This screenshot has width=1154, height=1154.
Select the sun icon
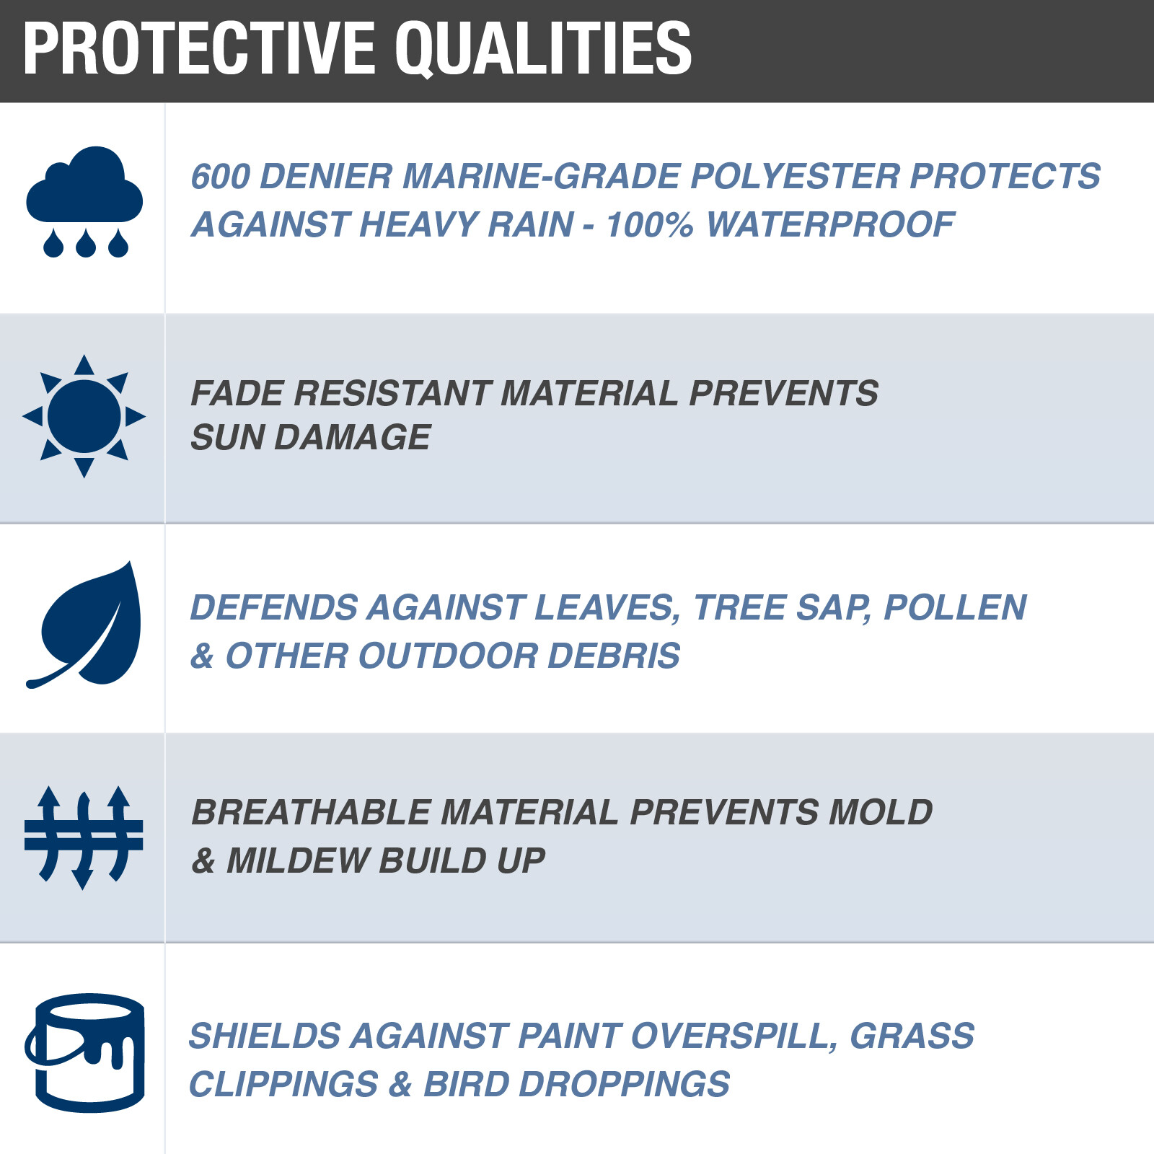[x=84, y=416]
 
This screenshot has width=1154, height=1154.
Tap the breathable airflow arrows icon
[x=84, y=837]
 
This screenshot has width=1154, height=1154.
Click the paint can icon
[x=84, y=1053]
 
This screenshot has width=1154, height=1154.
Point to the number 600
[x=220, y=177]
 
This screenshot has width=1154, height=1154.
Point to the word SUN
[x=227, y=437]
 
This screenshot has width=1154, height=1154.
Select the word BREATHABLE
[x=311, y=812]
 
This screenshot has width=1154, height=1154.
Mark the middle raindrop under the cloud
[x=85, y=243]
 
